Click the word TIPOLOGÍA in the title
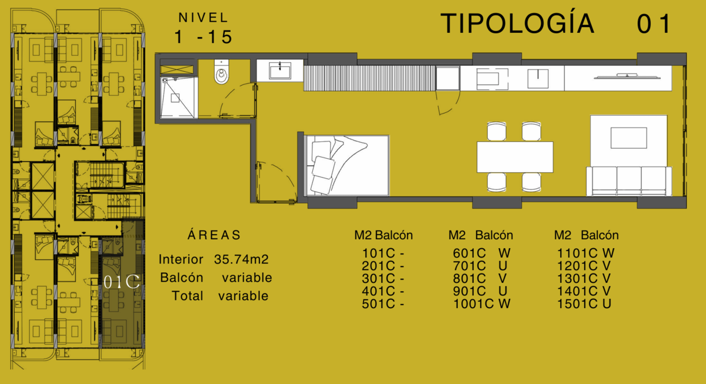(x=517, y=23)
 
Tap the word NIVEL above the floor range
(x=204, y=18)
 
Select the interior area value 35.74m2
(x=241, y=259)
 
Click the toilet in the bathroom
(x=222, y=72)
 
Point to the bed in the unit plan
(x=347, y=165)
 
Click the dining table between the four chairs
(x=515, y=157)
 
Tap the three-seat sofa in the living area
(x=629, y=181)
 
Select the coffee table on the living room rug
(x=629, y=138)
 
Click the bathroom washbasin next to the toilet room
(x=280, y=70)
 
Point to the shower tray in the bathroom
(x=179, y=98)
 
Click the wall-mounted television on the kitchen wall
(x=627, y=76)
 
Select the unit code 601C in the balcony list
(x=469, y=253)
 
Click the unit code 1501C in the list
(x=577, y=303)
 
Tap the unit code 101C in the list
(x=378, y=253)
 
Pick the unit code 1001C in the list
(x=474, y=303)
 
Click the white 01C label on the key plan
(x=122, y=282)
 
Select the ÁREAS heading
(x=214, y=235)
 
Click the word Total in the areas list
(x=187, y=296)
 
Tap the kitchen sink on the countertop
(x=538, y=79)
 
